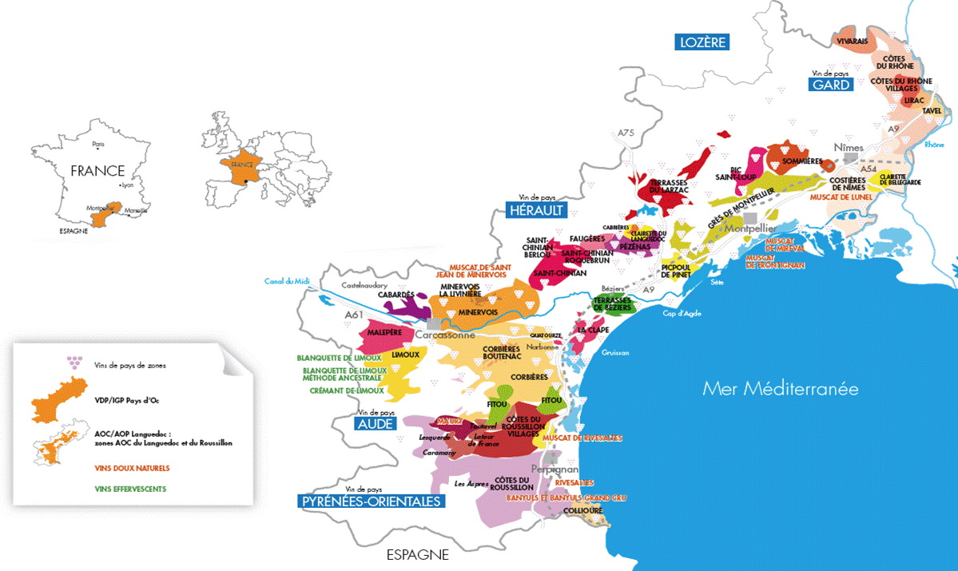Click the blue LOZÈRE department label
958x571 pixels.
(x=702, y=42)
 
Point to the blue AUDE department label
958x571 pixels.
(x=375, y=423)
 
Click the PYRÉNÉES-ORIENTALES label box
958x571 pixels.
(x=371, y=501)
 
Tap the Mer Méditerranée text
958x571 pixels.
(x=780, y=389)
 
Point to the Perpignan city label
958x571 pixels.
(x=554, y=470)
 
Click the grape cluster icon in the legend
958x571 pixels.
(x=75, y=363)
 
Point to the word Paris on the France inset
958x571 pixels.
(x=98, y=145)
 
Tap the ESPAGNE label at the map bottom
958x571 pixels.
(x=417, y=554)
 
